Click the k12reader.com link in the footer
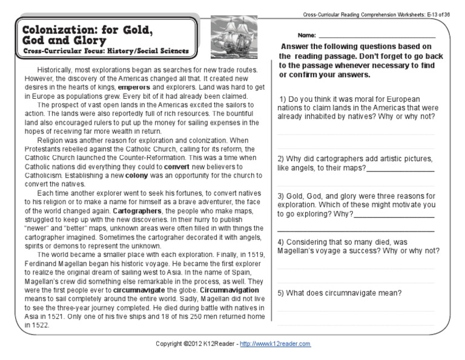coord(275,344)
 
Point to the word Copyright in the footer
coord(168,344)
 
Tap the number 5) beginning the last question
coord(282,293)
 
